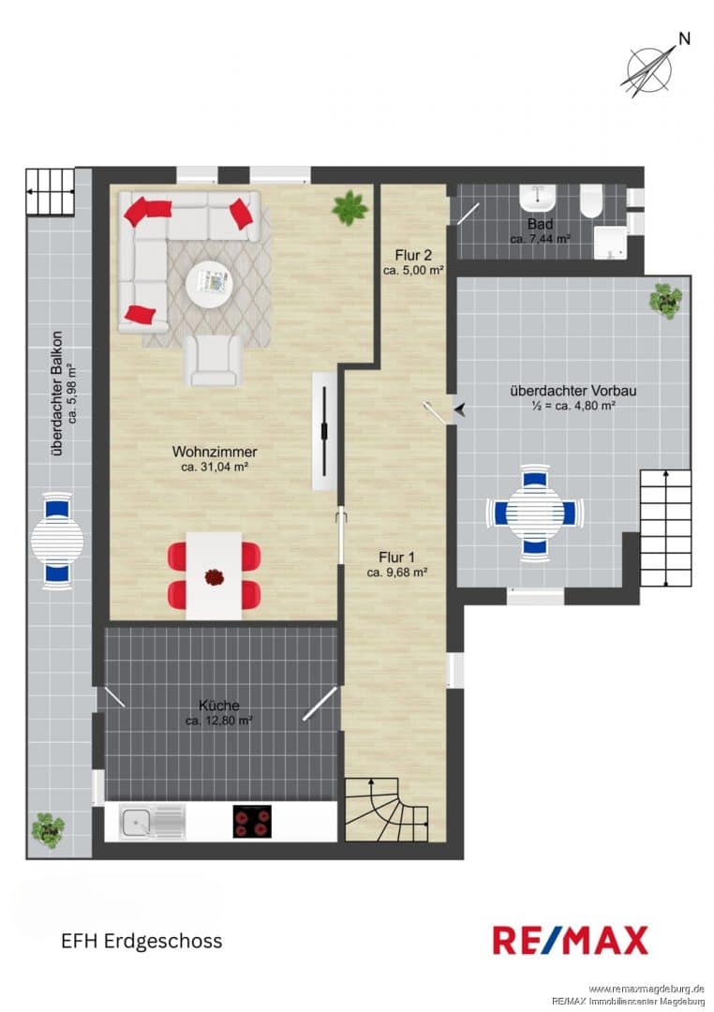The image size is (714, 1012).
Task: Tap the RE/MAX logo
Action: (570, 940)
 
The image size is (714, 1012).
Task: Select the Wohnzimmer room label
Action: (215, 452)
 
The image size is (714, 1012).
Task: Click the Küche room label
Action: (219, 706)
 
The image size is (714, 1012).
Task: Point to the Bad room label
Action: (540, 224)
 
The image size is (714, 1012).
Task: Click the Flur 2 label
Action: (413, 256)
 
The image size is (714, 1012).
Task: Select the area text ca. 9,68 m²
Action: (397, 573)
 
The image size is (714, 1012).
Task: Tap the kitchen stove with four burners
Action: (252, 822)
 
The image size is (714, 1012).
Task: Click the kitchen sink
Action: (153, 823)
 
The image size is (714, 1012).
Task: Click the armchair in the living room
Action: (213, 361)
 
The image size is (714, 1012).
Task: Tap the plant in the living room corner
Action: (350, 208)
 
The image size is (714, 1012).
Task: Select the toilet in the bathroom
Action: (591, 201)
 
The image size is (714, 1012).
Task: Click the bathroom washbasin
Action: (538, 198)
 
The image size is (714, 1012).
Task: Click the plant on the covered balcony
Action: (48, 830)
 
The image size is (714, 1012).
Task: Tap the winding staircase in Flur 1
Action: (386, 810)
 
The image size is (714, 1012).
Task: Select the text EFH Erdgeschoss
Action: (141, 941)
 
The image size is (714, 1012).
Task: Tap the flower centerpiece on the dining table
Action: (213, 577)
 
